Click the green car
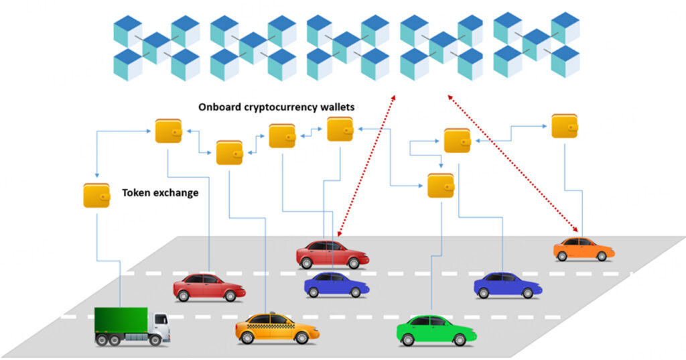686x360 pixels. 435,329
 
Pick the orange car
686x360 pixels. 584,249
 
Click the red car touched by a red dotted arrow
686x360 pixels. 332,255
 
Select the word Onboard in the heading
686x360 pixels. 218,107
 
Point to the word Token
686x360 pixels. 136,193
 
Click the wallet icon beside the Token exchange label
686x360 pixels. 96,195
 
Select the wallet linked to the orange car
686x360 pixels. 564,126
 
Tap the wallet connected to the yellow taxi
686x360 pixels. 229,153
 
